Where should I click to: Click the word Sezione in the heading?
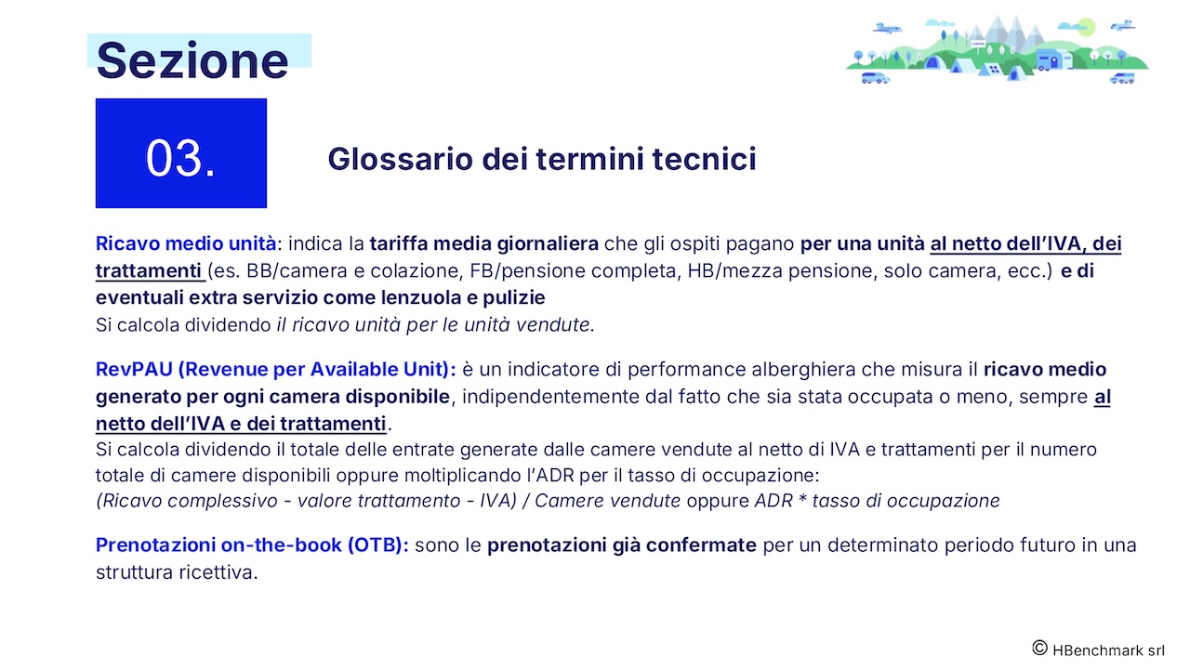192,60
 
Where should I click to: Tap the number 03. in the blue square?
180,158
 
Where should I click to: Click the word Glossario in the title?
400,159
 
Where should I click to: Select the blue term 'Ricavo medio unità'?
186,243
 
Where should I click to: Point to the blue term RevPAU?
134,369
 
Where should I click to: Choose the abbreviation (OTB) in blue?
377,545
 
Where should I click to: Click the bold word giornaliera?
548,244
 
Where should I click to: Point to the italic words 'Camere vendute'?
607,501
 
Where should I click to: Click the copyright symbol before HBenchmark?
1039,649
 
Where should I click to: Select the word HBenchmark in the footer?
1098,650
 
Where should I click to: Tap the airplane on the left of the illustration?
887,28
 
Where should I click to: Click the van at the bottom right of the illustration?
1122,79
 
